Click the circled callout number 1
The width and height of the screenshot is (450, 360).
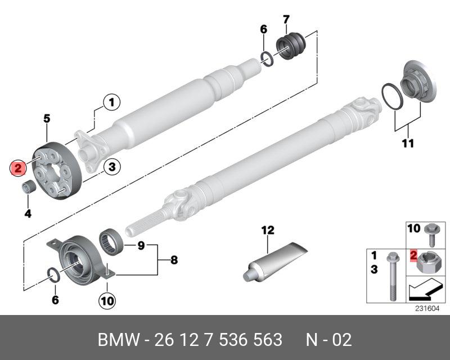tap(111, 102)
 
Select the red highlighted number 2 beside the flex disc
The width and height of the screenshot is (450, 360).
tap(19, 167)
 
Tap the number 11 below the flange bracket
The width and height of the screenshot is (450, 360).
tap(407, 143)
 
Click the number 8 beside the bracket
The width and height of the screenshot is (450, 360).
tap(173, 260)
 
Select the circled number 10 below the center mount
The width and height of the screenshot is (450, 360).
tap(107, 301)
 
